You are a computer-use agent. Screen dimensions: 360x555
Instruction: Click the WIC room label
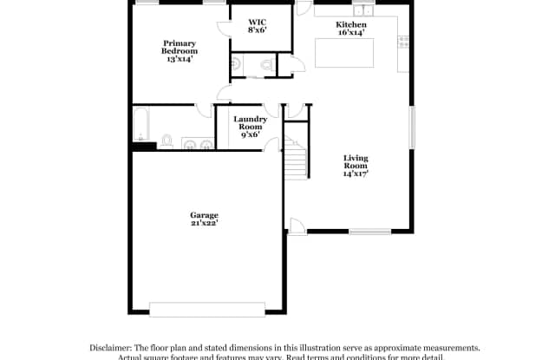pos(257,20)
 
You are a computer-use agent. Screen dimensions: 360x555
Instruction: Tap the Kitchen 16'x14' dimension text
pos(351,34)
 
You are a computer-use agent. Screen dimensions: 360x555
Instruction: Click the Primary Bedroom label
pos(180,47)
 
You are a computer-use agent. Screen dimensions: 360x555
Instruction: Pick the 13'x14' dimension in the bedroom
pos(180,59)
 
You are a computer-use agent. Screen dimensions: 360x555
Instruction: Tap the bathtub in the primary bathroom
pos(141,122)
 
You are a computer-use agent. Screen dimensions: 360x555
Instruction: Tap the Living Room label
pos(356,161)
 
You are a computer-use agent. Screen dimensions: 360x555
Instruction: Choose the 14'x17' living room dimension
pos(356,173)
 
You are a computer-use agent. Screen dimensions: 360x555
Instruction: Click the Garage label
pos(205,214)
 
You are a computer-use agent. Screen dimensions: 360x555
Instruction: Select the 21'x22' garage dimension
pos(205,223)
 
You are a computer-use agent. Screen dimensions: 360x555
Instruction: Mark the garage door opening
pos(207,308)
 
